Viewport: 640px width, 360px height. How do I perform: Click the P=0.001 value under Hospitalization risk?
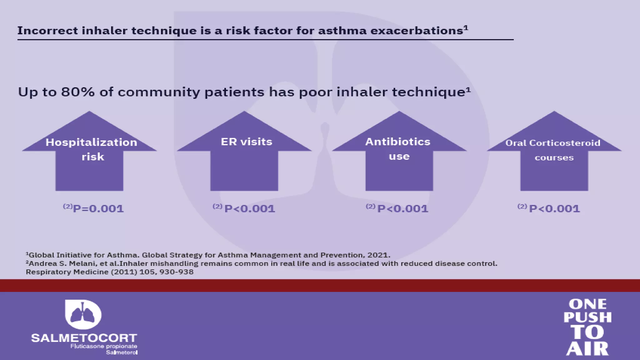point(98,208)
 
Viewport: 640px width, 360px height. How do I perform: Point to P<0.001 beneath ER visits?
point(250,208)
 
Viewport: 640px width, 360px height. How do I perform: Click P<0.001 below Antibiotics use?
point(402,208)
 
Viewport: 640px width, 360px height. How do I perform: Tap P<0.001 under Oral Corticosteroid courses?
point(554,208)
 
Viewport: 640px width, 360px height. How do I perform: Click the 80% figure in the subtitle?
point(78,92)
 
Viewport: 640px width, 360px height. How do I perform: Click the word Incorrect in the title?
point(47,31)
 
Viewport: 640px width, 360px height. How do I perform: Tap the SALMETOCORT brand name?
point(84,338)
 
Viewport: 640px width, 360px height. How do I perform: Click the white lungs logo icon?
point(83,314)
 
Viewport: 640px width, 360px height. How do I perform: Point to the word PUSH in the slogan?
point(587,317)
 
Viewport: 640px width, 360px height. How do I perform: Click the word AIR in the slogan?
point(587,349)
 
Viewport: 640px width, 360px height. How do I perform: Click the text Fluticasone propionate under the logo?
point(104,346)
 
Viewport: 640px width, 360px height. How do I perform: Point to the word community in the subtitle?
point(159,92)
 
